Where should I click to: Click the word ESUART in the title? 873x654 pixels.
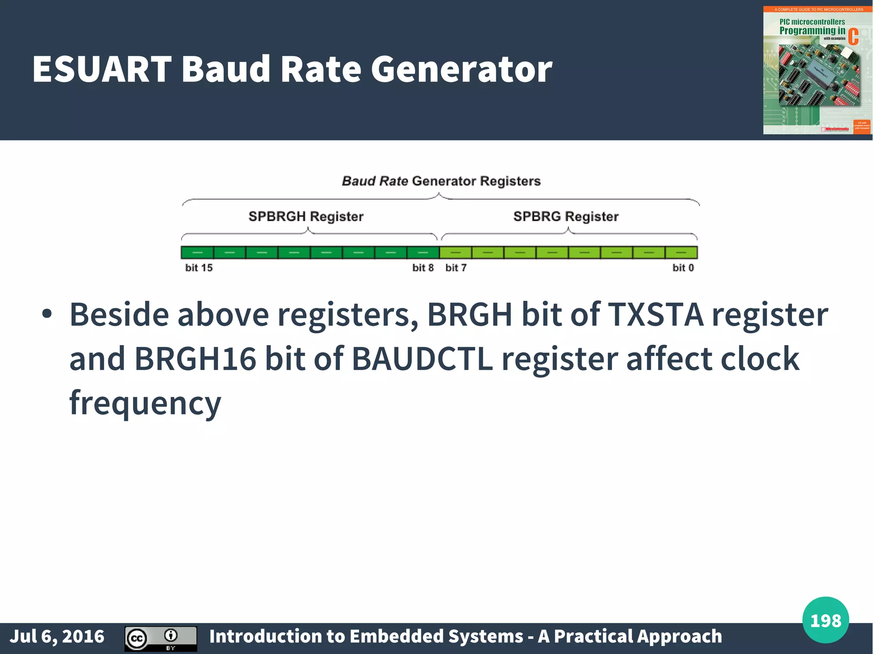(x=101, y=69)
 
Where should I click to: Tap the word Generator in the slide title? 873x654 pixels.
(x=461, y=69)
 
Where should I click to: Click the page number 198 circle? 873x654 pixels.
(x=825, y=620)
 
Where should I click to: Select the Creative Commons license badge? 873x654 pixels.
(x=161, y=638)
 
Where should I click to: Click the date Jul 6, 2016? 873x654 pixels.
(x=57, y=636)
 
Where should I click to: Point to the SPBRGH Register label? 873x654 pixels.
(x=306, y=216)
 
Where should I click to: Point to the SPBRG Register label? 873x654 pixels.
(x=566, y=216)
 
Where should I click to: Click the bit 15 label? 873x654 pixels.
(x=199, y=268)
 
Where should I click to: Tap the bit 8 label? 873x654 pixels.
(x=423, y=268)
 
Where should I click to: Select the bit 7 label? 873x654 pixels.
(x=456, y=268)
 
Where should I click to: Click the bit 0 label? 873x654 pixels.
(x=683, y=268)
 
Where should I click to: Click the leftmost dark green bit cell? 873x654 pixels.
(x=197, y=253)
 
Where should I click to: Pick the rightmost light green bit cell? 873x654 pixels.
(x=681, y=253)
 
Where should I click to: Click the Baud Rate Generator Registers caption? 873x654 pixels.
(x=441, y=181)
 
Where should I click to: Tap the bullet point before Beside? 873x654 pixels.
(x=47, y=314)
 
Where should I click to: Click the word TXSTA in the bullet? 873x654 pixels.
(x=655, y=314)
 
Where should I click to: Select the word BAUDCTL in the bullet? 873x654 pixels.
(x=422, y=359)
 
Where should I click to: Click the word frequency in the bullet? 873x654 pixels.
(x=145, y=403)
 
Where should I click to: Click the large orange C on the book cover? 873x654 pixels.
(x=853, y=37)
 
